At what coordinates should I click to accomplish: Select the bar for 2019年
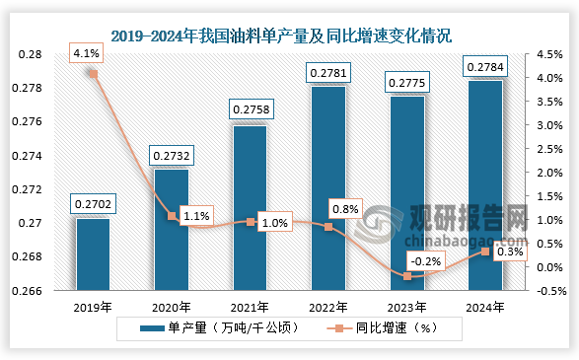click(93, 254)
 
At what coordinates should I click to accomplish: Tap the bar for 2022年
click(329, 188)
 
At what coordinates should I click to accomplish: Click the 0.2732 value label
click(171, 155)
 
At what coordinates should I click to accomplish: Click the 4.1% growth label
click(84, 54)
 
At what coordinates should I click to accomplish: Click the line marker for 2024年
click(485, 252)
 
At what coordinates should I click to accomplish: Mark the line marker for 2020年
click(172, 215)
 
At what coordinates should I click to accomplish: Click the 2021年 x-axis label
click(250, 306)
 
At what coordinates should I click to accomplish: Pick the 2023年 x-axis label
click(407, 306)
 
